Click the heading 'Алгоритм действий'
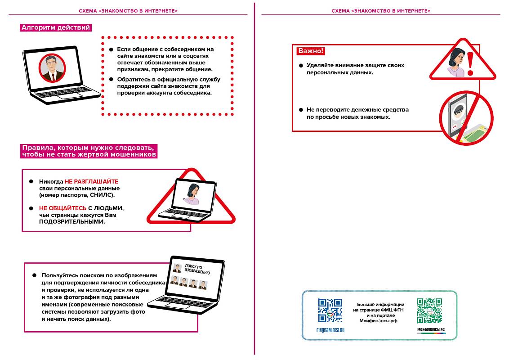coord(56,27)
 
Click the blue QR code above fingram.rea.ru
coord(330,310)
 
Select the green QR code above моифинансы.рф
coord(429,310)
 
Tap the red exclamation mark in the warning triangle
coord(470,64)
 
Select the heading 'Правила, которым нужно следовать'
coord(89,148)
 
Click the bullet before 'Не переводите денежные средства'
coord(301,110)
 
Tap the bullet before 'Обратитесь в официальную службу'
coord(111,79)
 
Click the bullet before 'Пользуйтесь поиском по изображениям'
coord(34,275)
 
